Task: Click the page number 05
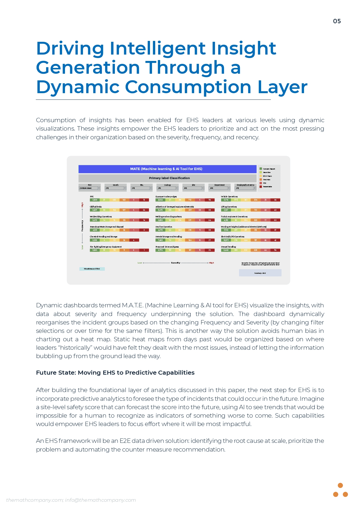337,21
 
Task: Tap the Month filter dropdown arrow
125,188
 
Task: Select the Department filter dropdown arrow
229,188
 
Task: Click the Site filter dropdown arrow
203,188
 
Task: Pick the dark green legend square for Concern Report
261,169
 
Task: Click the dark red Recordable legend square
261,187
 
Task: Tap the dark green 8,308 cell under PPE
95,200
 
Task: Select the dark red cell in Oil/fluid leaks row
144,210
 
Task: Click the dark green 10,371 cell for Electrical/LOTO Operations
226,240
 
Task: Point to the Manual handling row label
229,247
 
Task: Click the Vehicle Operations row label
229,196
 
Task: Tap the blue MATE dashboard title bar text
166,169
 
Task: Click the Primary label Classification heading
169,178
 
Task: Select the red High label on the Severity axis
211,263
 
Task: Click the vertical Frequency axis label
82,226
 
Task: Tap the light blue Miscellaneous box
92,269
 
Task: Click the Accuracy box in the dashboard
260,273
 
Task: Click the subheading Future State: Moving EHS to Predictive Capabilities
115,373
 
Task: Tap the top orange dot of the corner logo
341,485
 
